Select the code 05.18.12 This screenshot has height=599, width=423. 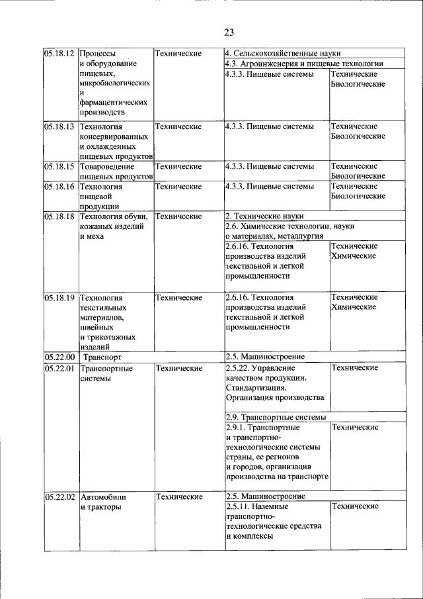point(59,53)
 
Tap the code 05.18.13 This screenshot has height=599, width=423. point(59,126)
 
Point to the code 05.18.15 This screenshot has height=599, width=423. point(59,166)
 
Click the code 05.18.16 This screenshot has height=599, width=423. point(59,187)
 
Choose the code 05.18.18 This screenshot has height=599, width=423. point(59,216)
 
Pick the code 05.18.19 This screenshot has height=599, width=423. point(59,297)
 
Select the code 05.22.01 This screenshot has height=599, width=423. point(59,368)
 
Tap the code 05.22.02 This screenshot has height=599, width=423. point(59,496)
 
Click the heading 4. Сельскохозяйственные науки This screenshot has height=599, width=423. point(283,53)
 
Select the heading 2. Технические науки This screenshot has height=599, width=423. point(266,216)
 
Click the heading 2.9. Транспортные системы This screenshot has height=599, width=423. point(276,418)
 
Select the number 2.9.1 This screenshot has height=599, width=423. point(236,428)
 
